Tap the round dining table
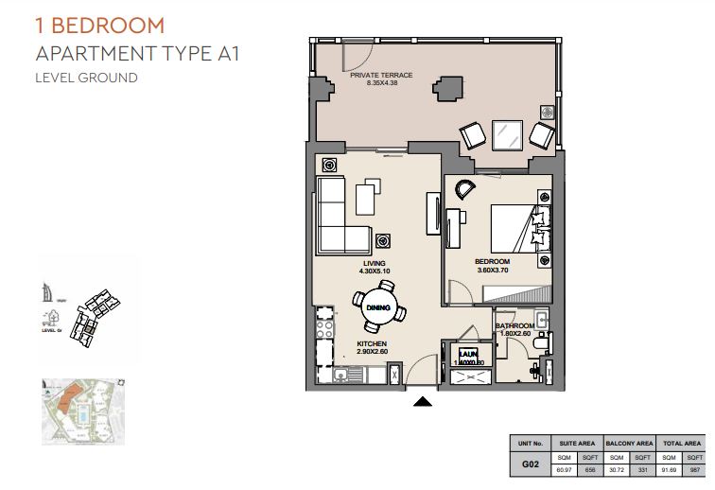click(x=379, y=307)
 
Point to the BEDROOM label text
click(x=493, y=261)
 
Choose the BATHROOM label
click(x=514, y=326)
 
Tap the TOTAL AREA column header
click(x=680, y=443)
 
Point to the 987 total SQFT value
click(x=694, y=471)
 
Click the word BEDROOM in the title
click(x=106, y=26)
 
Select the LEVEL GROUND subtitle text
click(x=86, y=78)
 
